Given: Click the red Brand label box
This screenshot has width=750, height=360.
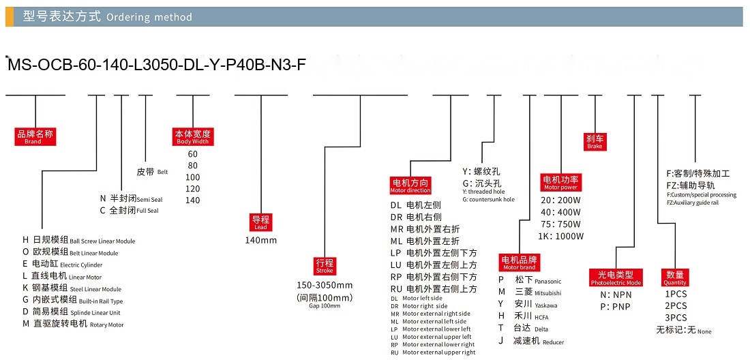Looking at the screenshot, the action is [x=35, y=136].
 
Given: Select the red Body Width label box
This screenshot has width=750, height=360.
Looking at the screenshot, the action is [x=192, y=136].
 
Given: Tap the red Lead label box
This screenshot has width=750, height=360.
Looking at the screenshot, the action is [x=260, y=222].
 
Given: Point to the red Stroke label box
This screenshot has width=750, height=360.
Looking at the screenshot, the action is [x=325, y=265].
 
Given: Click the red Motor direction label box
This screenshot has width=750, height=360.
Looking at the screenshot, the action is [x=410, y=185].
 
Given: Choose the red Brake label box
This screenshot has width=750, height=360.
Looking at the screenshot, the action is [x=595, y=142].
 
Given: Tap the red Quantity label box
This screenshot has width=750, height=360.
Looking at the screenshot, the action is [x=675, y=277].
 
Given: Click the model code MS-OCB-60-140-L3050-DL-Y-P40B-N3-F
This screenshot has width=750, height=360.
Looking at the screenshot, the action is [x=155, y=65].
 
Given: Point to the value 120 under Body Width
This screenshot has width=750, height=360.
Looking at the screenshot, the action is [x=192, y=189].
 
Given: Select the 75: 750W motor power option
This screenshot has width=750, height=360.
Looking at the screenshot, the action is [x=560, y=224].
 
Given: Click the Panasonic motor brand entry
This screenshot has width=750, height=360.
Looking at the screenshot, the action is [x=530, y=280].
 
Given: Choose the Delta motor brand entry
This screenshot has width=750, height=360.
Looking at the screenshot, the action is [x=523, y=329].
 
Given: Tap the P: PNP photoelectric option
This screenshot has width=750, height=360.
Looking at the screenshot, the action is [x=616, y=307].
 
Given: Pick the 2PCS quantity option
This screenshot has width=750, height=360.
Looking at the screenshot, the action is [x=676, y=306].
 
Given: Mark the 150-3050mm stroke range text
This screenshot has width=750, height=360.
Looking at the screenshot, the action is [x=325, y=286].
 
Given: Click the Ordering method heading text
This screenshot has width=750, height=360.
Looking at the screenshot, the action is [x=149, y=17].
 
